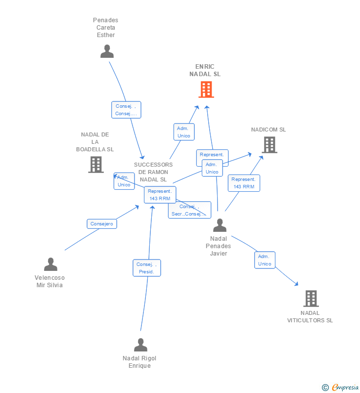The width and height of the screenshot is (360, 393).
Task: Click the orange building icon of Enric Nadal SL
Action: tap(206, 89)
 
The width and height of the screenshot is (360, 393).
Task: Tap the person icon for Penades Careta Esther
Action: tap(107, 51)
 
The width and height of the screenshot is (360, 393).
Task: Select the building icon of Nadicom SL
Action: tap(269, 145)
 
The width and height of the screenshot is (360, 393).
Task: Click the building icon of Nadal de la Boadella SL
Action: tap(95, 165)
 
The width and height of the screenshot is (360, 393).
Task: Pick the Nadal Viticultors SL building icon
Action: tap(311, 299)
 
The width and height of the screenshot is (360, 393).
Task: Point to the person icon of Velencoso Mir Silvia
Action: tap(50, 264)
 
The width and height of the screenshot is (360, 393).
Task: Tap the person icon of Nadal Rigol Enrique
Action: tap(140, 345)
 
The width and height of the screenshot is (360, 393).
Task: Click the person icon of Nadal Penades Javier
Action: tap(220, 225)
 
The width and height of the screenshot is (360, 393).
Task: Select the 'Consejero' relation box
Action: tap(102, 224)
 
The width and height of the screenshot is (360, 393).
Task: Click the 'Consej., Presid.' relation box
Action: tap(146, 268)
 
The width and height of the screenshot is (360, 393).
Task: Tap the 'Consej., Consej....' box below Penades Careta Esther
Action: tap(126, 110)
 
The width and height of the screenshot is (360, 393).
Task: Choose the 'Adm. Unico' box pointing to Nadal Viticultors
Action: tap(265, 260)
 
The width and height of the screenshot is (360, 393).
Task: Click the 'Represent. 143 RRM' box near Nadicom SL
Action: tap(244, 183)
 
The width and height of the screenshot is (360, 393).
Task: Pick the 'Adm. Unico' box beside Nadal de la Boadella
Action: tap(124, 181)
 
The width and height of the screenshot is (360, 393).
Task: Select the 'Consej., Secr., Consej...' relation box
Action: tap(189, 210)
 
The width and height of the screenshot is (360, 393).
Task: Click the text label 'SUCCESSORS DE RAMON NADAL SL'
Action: tap(153, 172)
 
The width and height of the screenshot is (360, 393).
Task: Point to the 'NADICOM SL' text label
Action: tap(269, 130)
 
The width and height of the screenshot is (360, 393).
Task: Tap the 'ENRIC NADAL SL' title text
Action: tap(205, 70)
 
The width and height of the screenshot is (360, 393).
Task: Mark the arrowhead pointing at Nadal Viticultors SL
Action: tap(297, 284)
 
